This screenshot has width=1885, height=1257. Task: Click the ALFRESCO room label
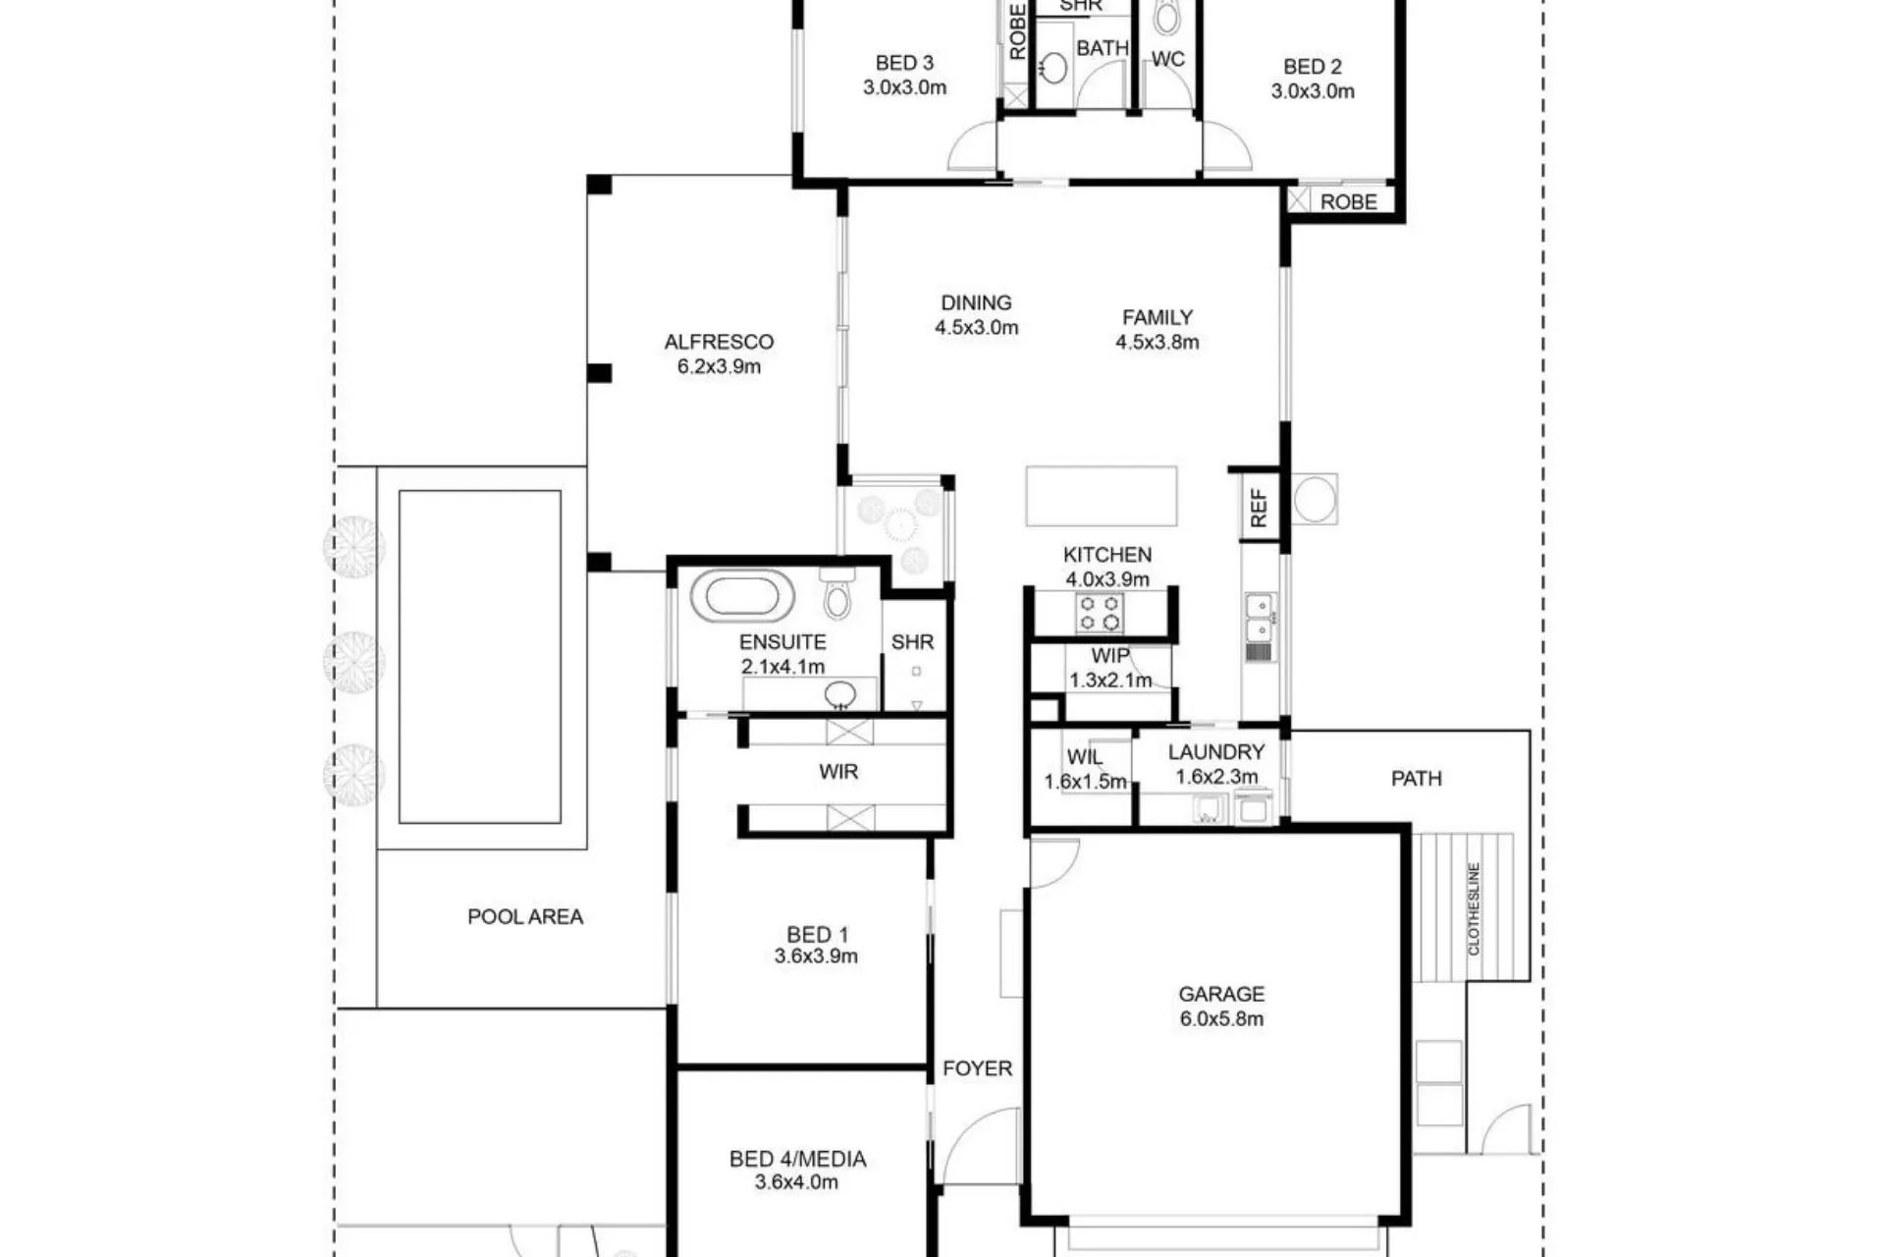pos(719,342)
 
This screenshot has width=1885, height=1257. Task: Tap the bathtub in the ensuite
pos(742,596)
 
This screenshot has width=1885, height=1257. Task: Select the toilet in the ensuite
pos(836,592)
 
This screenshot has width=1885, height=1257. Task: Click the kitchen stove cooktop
pos(1100,614)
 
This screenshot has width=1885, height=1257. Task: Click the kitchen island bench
pos(1102,496)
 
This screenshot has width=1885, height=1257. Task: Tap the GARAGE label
pos(1221,994)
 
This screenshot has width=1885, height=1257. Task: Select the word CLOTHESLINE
pos(1474,908)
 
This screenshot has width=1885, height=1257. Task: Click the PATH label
pos(1417,779)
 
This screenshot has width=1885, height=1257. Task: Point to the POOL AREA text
pos(525,916)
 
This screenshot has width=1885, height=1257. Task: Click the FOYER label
pos(977,1068)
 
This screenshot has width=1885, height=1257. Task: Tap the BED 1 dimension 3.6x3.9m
pos(816,956)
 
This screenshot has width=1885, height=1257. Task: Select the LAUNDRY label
pos(1216,752)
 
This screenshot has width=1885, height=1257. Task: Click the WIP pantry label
pos(1110,655)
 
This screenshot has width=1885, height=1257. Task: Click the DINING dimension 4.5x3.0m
pos(976,328)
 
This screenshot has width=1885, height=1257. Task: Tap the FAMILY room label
pos(1158,317)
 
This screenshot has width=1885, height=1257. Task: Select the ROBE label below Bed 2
pos(1349,202)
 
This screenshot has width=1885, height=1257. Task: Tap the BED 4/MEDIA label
pos(797,1159)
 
